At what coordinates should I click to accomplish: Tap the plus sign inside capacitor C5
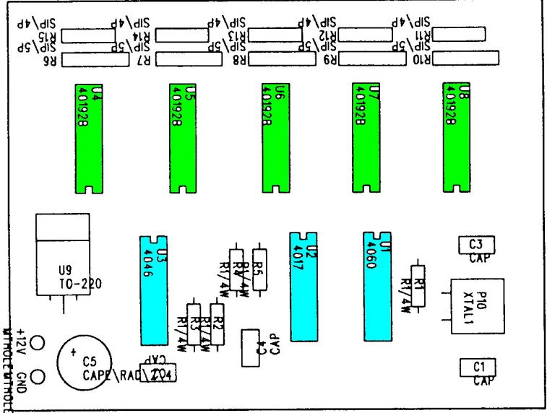coord(72,352)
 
